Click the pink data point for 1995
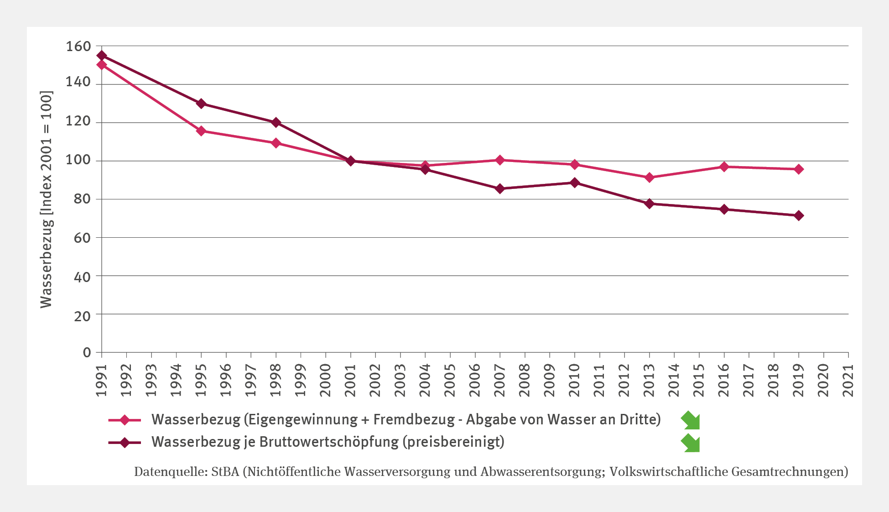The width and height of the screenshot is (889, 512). [x=201, y=131]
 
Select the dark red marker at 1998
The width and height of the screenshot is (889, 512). [x=276, y=122]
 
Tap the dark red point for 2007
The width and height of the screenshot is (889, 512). [x=500, y=188]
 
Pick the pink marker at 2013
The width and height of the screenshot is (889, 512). [x=650, y=178]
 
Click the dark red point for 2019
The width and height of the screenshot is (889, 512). [x=799, y=215]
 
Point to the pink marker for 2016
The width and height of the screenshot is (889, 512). [x=724, y=167]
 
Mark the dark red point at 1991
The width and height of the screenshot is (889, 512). [x=102, y=56]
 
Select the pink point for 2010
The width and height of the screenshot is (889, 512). [x=575, y=164]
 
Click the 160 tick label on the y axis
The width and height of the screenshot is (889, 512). [x=78, y=47]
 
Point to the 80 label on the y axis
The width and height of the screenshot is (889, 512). [x=83, y=199]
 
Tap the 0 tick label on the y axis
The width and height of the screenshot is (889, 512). [x=87, y=352]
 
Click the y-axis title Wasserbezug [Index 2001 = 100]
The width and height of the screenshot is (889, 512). [x=47, y=199]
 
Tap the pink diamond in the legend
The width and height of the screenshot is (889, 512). [x=124, y=420]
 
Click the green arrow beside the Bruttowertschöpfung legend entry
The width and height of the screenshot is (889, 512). [x=691, y=443]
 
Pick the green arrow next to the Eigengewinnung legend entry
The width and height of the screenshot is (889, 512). [x=691, y=420]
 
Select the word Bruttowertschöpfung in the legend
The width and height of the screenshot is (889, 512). [x=329, y=442]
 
